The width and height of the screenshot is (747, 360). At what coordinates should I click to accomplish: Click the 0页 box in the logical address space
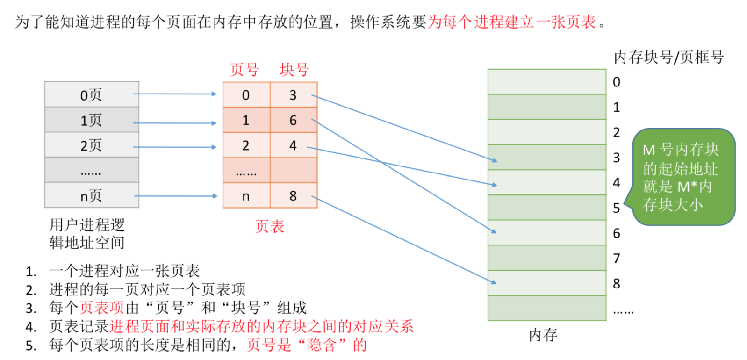click(92, 95)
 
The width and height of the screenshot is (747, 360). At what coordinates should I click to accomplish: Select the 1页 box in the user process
click(92, 120)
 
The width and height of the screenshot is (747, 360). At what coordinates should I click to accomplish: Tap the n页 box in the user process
click(92, 195)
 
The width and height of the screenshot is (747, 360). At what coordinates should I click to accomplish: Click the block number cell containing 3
click(293, 95)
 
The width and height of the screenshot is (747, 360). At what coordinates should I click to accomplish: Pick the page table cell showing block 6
click(293, 120)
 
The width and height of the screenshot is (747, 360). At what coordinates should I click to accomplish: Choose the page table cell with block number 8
click(293, 195)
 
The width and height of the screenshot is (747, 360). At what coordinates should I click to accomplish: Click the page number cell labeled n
click(246, 195)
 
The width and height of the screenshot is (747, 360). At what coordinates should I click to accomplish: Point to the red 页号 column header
click(244, 70)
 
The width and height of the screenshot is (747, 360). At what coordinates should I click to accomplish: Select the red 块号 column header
click(294, 70)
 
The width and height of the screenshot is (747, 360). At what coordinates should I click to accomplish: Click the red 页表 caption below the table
click(270, 226)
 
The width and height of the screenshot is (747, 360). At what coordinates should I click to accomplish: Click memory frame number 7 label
click(617, 258)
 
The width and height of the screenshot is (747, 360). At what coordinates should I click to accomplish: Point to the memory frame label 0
click(617, 82)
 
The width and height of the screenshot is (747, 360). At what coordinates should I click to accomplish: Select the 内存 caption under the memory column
click(543, 335)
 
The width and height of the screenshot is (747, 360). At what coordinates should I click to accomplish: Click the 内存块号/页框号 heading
click(668, 57)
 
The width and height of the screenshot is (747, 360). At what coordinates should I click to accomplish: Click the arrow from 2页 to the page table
click(175, 147)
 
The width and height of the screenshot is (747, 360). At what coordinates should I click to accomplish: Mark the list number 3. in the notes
click(31, 309)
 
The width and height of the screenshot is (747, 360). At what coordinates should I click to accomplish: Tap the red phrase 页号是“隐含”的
click(307, 345)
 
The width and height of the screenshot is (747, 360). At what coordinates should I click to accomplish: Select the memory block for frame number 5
click(546, 207)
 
